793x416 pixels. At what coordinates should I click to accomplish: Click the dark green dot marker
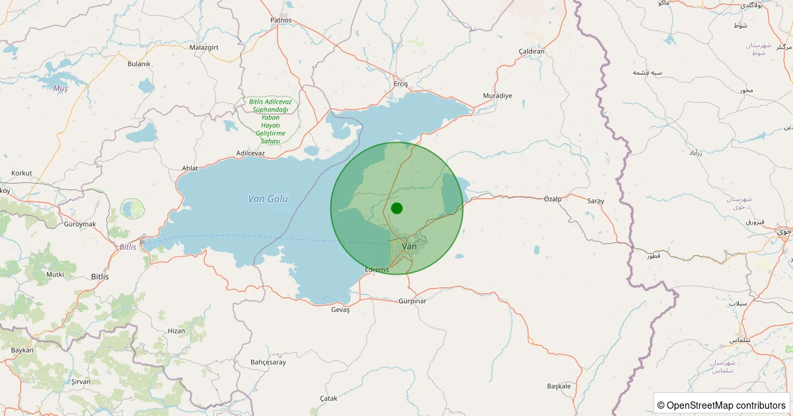(x=397, y=208)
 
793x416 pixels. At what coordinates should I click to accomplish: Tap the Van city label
(x=410, y=246)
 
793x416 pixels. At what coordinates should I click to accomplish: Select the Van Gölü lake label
(x=268, y=198)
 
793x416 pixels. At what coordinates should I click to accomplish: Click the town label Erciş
(x=400, y=84)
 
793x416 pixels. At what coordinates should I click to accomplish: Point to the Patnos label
(x=281, y=20)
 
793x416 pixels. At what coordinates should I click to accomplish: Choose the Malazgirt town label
(x=204, y=48)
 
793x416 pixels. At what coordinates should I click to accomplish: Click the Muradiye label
(x=498, y=96)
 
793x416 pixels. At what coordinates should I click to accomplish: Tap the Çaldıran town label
(x=531, y=52)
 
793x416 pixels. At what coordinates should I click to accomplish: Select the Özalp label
(x=552, y=199)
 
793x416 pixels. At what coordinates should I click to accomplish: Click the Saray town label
(x=595, y=201)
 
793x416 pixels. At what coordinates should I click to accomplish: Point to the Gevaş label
(x=340, y=310)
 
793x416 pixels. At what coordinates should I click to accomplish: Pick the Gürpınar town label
(x=412, y=301)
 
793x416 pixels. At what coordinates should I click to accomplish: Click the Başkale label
(x=558, y=386)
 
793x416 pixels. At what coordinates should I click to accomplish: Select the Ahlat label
(x=190, y=168)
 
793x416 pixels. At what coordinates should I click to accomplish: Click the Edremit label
(x=378, y=269)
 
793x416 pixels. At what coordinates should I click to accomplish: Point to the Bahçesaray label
(x=268, y=362)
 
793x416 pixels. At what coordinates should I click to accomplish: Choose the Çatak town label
(x=328, y=398)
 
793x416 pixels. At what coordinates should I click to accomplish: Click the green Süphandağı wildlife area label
(x=270, y=121)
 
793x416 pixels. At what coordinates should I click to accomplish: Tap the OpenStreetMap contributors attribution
(x=722, y=405)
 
